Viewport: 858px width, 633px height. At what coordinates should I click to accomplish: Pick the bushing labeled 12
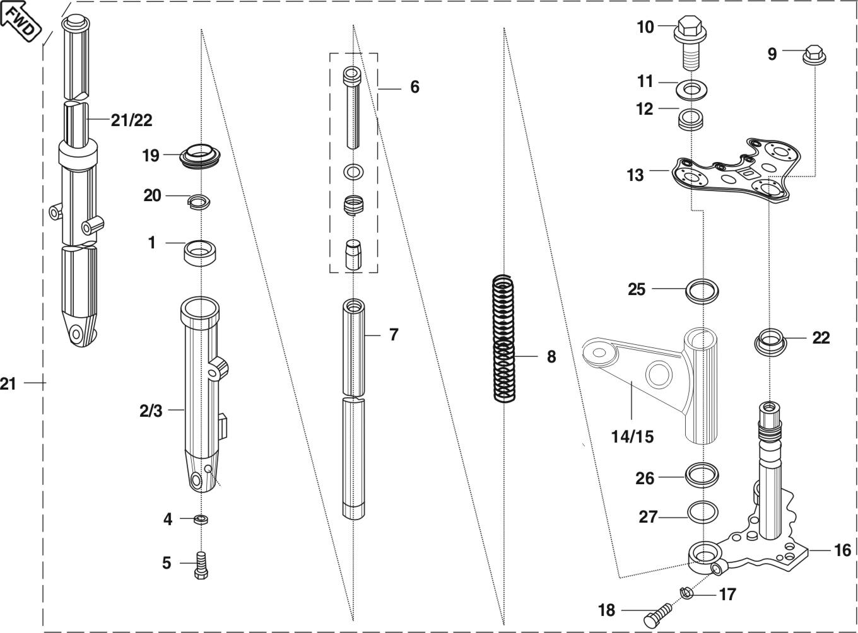[x=691, y=118]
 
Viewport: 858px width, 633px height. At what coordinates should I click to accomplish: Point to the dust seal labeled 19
[x=201, y=156]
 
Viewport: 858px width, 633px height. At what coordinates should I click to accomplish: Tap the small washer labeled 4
[x=202, y=519]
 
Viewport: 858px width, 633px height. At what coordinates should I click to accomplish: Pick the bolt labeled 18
[x=660, y=613]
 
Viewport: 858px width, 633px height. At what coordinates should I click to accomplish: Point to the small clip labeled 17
[x=686, y=592]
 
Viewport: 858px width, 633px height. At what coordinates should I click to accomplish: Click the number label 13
[x=635, y=175]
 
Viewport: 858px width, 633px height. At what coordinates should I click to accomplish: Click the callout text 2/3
[x=151, y=411]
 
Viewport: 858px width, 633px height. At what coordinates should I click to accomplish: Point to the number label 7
[x=394, y=335]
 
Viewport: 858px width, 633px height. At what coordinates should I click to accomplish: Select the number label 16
[x=842, y=550]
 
